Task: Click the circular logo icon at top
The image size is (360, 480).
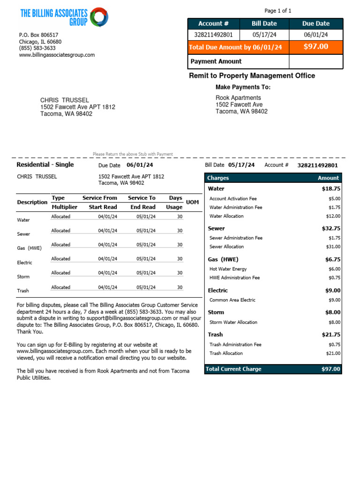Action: [x=99, y=17]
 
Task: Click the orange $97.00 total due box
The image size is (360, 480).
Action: [x=316, y=47]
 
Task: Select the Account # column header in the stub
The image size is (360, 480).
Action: [x=213, y=23]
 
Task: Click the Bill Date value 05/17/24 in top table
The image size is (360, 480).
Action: [x=264, y=35]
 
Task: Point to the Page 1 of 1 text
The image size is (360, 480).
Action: [x=278, y=11]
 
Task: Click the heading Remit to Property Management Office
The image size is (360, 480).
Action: [x=252, y=76]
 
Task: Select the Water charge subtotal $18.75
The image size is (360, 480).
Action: [x=331, y=189]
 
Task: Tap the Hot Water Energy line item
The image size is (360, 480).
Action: [x=228, y=269]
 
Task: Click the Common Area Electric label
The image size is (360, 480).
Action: [x=232, y=300]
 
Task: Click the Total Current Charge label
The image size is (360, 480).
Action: [x=234, y=369]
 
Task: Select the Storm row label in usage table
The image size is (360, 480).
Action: [x=23, y=277]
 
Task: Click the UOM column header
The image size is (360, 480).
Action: [x=192, y=202]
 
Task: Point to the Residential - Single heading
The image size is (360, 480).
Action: [x=45, y=165]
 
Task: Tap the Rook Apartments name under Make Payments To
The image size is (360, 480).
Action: [x=238, y=98]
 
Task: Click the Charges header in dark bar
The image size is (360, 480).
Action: [x=218, y=178]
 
